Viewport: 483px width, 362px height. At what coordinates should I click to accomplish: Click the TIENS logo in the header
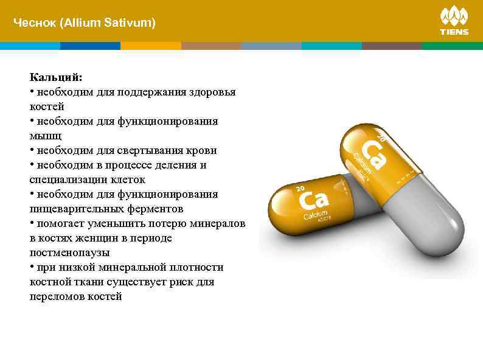tap(454, 21)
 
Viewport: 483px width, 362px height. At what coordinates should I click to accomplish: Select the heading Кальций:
tap(56, 78)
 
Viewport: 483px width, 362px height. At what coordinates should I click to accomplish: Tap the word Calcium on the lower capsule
tap(315, 218)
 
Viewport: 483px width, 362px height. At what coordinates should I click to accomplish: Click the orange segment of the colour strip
tap(151, 46)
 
